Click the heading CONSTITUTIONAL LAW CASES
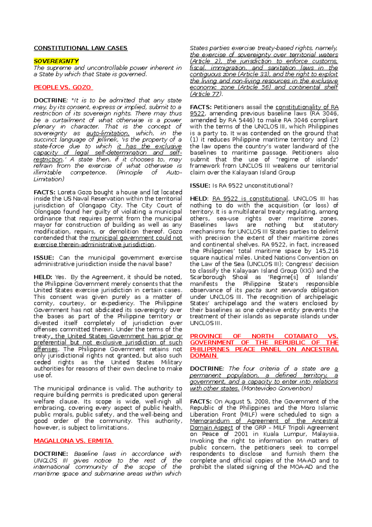pos(80,48)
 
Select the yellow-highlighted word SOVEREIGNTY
pos(56,61)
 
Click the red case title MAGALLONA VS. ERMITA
pos(73,441)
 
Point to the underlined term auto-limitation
pos(107,133)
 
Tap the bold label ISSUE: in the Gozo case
pos(44,258)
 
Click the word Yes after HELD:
pos(60,277)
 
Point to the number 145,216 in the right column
pos(327,251)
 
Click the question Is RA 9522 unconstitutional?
pos(252,186)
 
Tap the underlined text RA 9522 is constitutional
pos(250,199)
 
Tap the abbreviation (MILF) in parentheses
pos(247,415)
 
